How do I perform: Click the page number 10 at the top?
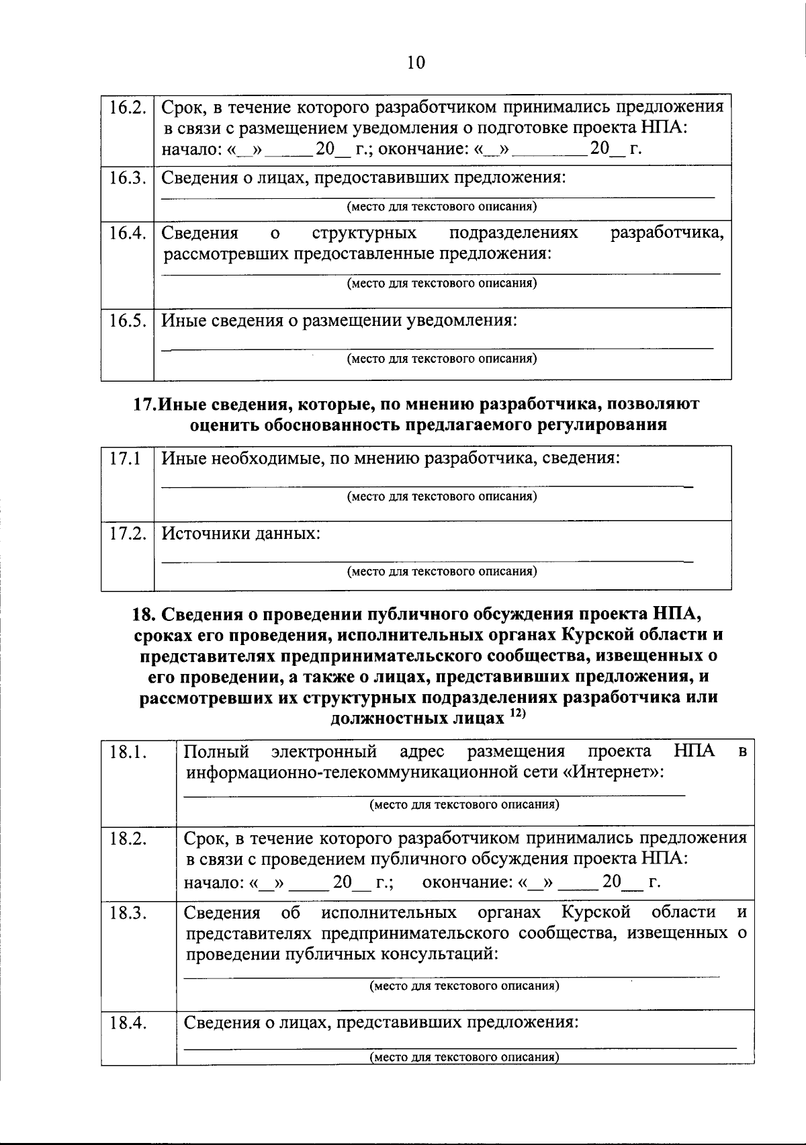416,63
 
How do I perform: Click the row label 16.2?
128,108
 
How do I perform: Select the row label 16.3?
128,178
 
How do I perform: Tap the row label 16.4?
128,233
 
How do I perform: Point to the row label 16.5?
128,321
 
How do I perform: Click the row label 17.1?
125,459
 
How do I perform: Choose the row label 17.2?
128,534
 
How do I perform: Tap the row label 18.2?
129,839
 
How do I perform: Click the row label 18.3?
129,913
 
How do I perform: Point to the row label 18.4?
129,1023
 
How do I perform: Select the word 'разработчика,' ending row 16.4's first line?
666,233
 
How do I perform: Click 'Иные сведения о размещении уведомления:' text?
340,321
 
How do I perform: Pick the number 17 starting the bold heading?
143,404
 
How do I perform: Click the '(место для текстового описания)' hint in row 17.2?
441,572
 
